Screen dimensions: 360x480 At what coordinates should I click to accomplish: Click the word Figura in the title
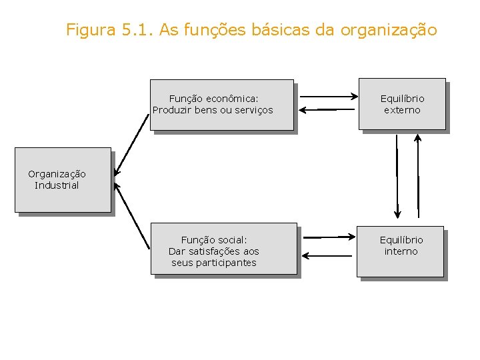tap(90, 30)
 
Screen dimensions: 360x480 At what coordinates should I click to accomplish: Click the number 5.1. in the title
tap(137, 30)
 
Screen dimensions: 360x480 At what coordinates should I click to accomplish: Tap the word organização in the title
tap(389, 30)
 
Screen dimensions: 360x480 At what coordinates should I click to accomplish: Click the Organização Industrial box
tap(63, 180)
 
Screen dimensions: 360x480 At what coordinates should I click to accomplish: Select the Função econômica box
tap(222, 105)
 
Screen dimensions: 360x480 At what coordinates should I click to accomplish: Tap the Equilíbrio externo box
tap(402, 104)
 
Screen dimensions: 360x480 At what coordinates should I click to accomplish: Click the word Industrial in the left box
tap(57, 185)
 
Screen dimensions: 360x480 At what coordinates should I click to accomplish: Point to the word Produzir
tap(172, 110)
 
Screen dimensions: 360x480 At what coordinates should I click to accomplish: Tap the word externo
tap(402, 110)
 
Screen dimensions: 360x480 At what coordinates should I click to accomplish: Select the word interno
tap(401, 251)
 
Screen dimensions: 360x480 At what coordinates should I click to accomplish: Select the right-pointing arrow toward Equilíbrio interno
tap(330, 237)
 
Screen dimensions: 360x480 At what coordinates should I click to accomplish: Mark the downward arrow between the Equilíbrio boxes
tap(397, 177)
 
